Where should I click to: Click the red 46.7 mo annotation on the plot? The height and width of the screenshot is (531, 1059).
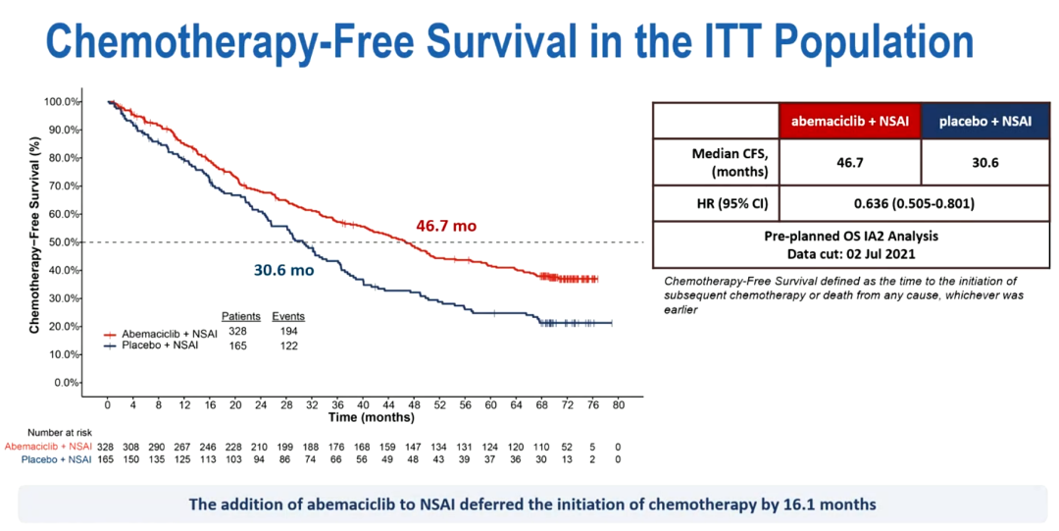pos(446,226)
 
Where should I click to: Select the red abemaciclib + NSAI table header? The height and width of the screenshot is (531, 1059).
pos(850,121)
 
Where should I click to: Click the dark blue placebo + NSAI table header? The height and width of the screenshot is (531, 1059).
pos(985,121)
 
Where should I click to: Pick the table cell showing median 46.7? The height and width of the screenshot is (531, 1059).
pos(850,162)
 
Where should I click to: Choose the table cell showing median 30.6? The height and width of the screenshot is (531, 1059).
pos(985,162)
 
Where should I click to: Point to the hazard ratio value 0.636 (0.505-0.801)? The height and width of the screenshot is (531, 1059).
pos(918,204)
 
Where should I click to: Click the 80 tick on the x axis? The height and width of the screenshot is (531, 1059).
pos(618,404)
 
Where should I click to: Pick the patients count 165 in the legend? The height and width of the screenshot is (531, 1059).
pos(239,346)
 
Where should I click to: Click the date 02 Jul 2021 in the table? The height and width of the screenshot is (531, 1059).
pos(881,253)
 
